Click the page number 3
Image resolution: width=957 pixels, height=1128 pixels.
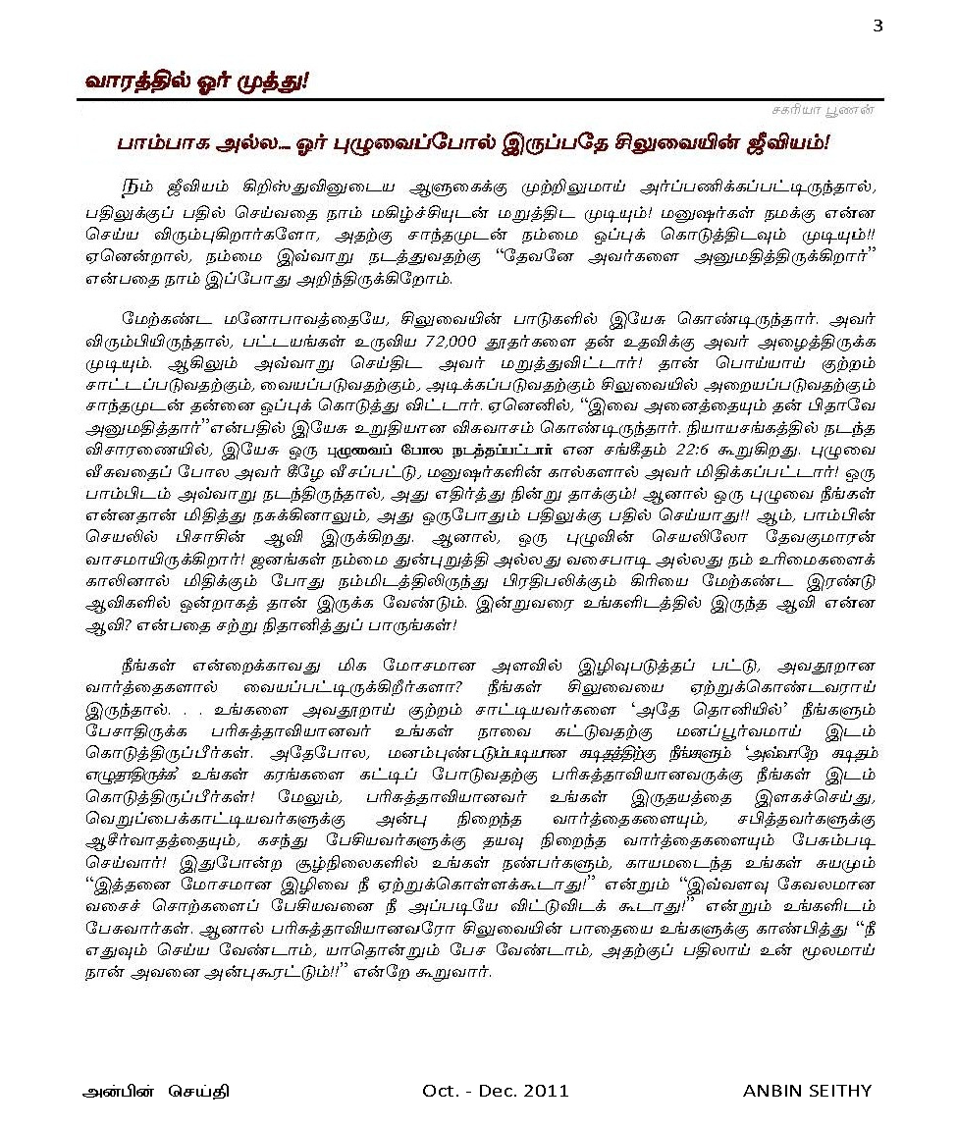[877, 26]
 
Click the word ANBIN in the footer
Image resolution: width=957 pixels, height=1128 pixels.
[773, 1092]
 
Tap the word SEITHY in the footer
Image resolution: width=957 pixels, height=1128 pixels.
[843, 1092]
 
